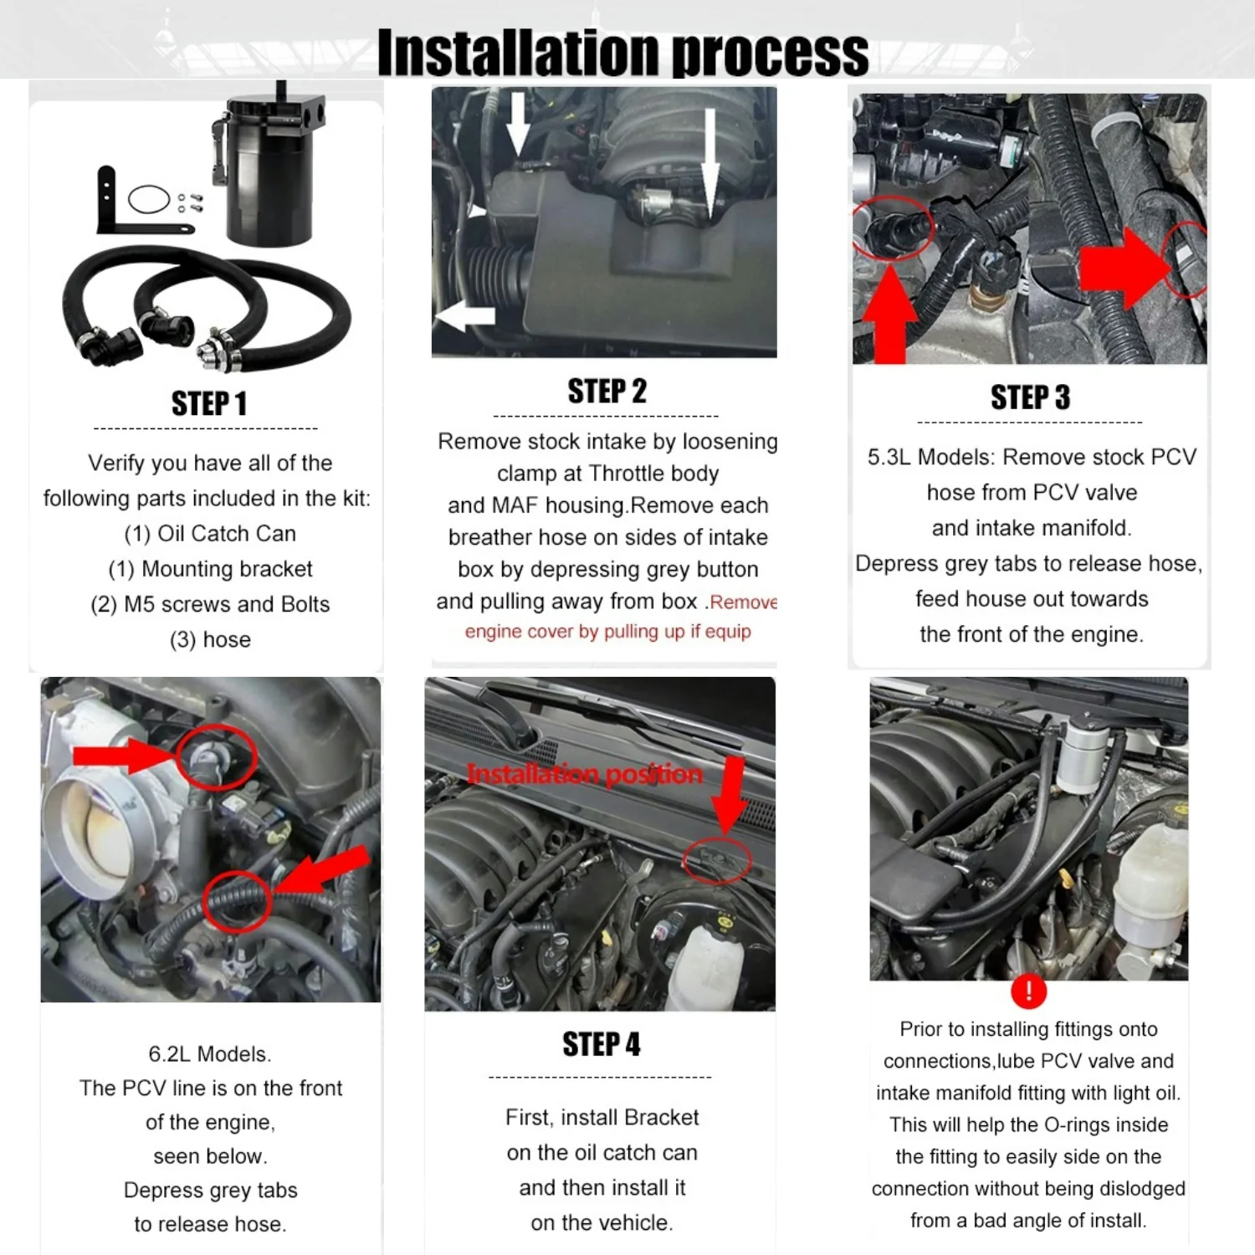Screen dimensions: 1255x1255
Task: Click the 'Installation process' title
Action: (623, 52)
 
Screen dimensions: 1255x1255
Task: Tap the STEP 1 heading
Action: (209, 403)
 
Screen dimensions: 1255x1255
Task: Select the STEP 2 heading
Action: (607, 391)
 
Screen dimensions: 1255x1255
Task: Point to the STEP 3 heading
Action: (1031, 397)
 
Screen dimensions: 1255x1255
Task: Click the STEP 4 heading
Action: (602, 1044)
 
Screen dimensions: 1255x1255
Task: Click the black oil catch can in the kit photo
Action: (268, 172)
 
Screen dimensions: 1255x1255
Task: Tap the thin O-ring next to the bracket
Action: (150, 199)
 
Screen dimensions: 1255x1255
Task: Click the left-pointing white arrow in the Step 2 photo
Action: (465, 316)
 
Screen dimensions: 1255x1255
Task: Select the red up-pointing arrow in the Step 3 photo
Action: (889, 315)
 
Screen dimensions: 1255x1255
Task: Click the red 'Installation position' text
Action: (585, 775)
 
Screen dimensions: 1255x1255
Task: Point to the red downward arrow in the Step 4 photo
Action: (731, 795)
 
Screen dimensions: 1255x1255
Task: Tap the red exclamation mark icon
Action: (1028, 991)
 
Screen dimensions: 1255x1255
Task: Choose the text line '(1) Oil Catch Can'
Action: (210, 534)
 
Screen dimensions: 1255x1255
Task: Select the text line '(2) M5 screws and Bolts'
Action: (210, 604)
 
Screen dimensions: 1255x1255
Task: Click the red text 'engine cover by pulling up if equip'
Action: (608, 632)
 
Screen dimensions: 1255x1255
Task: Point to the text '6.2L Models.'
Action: (210, 1054)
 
